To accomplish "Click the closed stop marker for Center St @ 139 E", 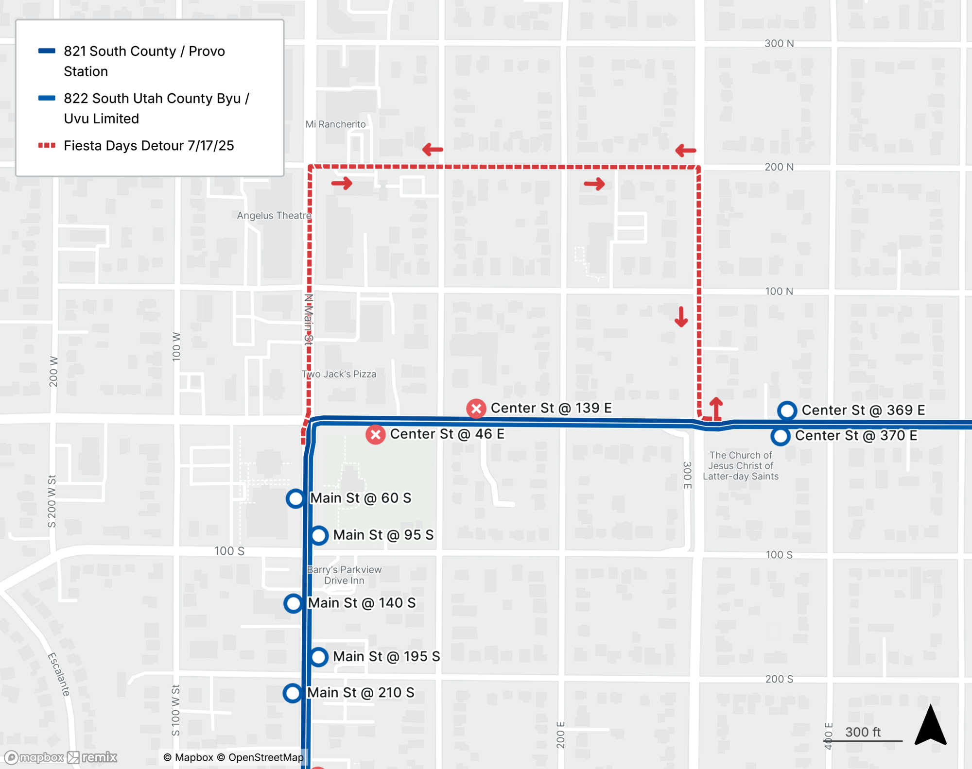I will [x=476, y=409].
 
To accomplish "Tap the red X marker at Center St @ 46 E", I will [x=375, y=434].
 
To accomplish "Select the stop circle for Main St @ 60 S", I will [x=295, y=498].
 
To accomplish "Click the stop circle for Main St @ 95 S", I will [x=319, y=535].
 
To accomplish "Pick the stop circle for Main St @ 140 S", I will [x=294, y=603].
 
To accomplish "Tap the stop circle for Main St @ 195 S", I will [x=319, y=657].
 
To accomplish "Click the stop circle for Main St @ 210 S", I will [x=293, y=693].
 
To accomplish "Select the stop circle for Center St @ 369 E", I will [x=787, y=410].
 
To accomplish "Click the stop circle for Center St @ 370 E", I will [x=781, y=436].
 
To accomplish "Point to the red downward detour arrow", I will [x=681, y=317].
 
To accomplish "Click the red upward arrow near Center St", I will [x=716, y=408].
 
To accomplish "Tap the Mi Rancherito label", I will [x=335, y=124].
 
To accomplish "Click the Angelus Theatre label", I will [x=274, y=215].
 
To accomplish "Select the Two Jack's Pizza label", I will [x=339, y=374].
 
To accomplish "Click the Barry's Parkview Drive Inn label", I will [x=344, y=575].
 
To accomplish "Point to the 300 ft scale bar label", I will [x=863, y=732].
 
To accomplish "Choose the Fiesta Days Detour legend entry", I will [x=148, y=146].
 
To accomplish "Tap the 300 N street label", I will [x=779, y=43].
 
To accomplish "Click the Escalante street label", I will [x=59, y=674].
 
